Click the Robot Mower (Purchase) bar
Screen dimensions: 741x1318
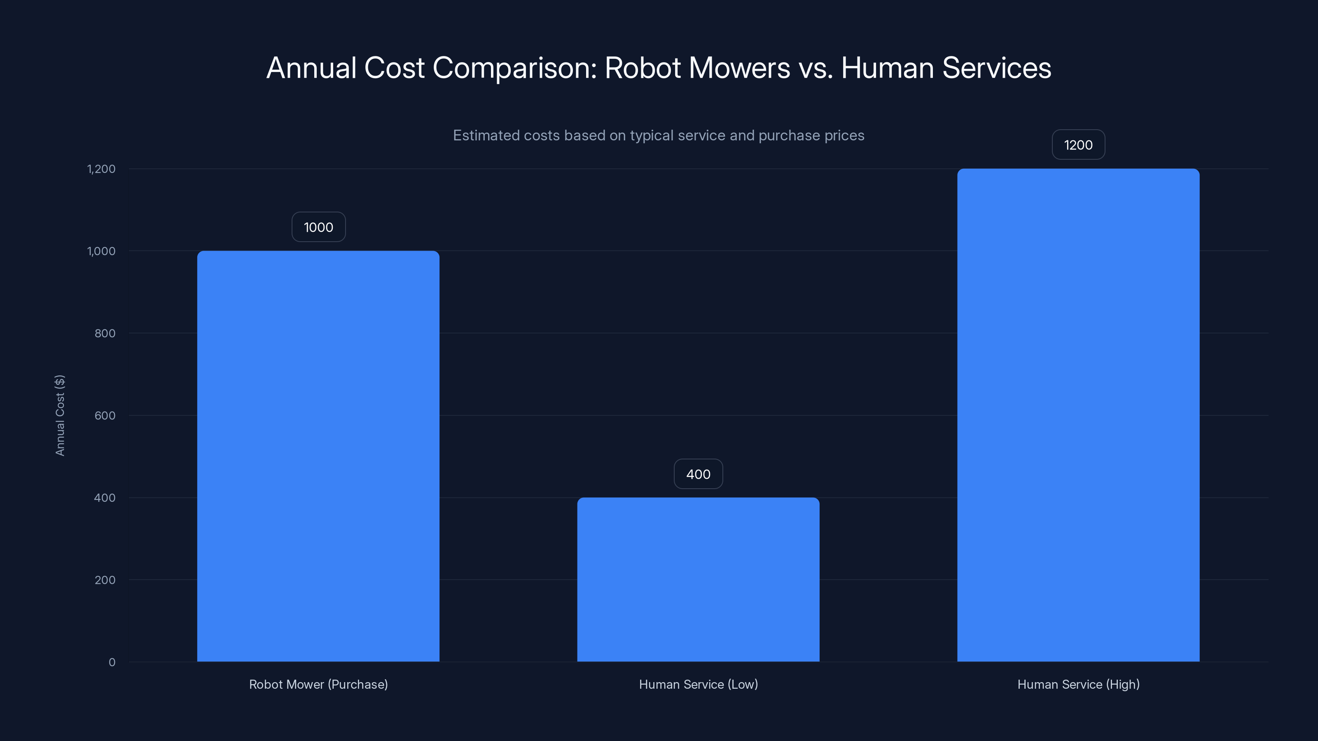click(318, 456)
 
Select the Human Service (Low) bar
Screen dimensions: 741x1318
click(698, 579)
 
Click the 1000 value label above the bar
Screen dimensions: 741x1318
click(318, 227)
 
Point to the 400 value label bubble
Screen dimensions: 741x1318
click(698, 474)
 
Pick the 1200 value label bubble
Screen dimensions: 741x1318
click(1078, 145)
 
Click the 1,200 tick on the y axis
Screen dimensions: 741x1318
click(101, 169)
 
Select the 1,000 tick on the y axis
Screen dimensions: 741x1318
click(101, 251)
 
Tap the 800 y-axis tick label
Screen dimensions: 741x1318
click(105, 333)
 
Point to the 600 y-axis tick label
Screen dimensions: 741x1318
click(105, 415)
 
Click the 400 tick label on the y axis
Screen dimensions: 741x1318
click(105, 498)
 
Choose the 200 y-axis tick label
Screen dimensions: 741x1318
click(105, 580)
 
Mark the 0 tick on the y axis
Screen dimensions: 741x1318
click(112, 662)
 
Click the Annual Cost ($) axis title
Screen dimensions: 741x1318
click(60, 415)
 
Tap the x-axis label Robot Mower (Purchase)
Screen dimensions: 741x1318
click(318, 684)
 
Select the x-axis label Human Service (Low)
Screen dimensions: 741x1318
click(698, 684)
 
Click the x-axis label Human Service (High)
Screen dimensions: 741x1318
click(1078, 684)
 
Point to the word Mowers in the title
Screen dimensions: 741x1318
click(739, 68)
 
